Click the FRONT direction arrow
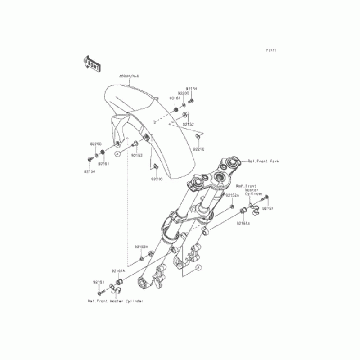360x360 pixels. tap(91, 63)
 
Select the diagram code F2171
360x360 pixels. tap(270, 50)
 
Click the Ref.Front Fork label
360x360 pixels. tap(263, 161)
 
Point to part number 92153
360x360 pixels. tap(188, 124)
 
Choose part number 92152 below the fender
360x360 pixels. tap(137, 156)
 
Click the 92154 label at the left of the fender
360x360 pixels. tap(89, 171)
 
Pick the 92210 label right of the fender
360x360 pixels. tap(199, 148)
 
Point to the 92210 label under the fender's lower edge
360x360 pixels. tap(156, 179)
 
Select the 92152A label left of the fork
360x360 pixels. tap(141, 247)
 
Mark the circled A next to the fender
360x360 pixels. tap(117, 154)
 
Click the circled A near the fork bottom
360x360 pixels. tap(198, 268)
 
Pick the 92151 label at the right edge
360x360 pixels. tap(268, 208)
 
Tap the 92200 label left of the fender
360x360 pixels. tap(95, 144)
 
